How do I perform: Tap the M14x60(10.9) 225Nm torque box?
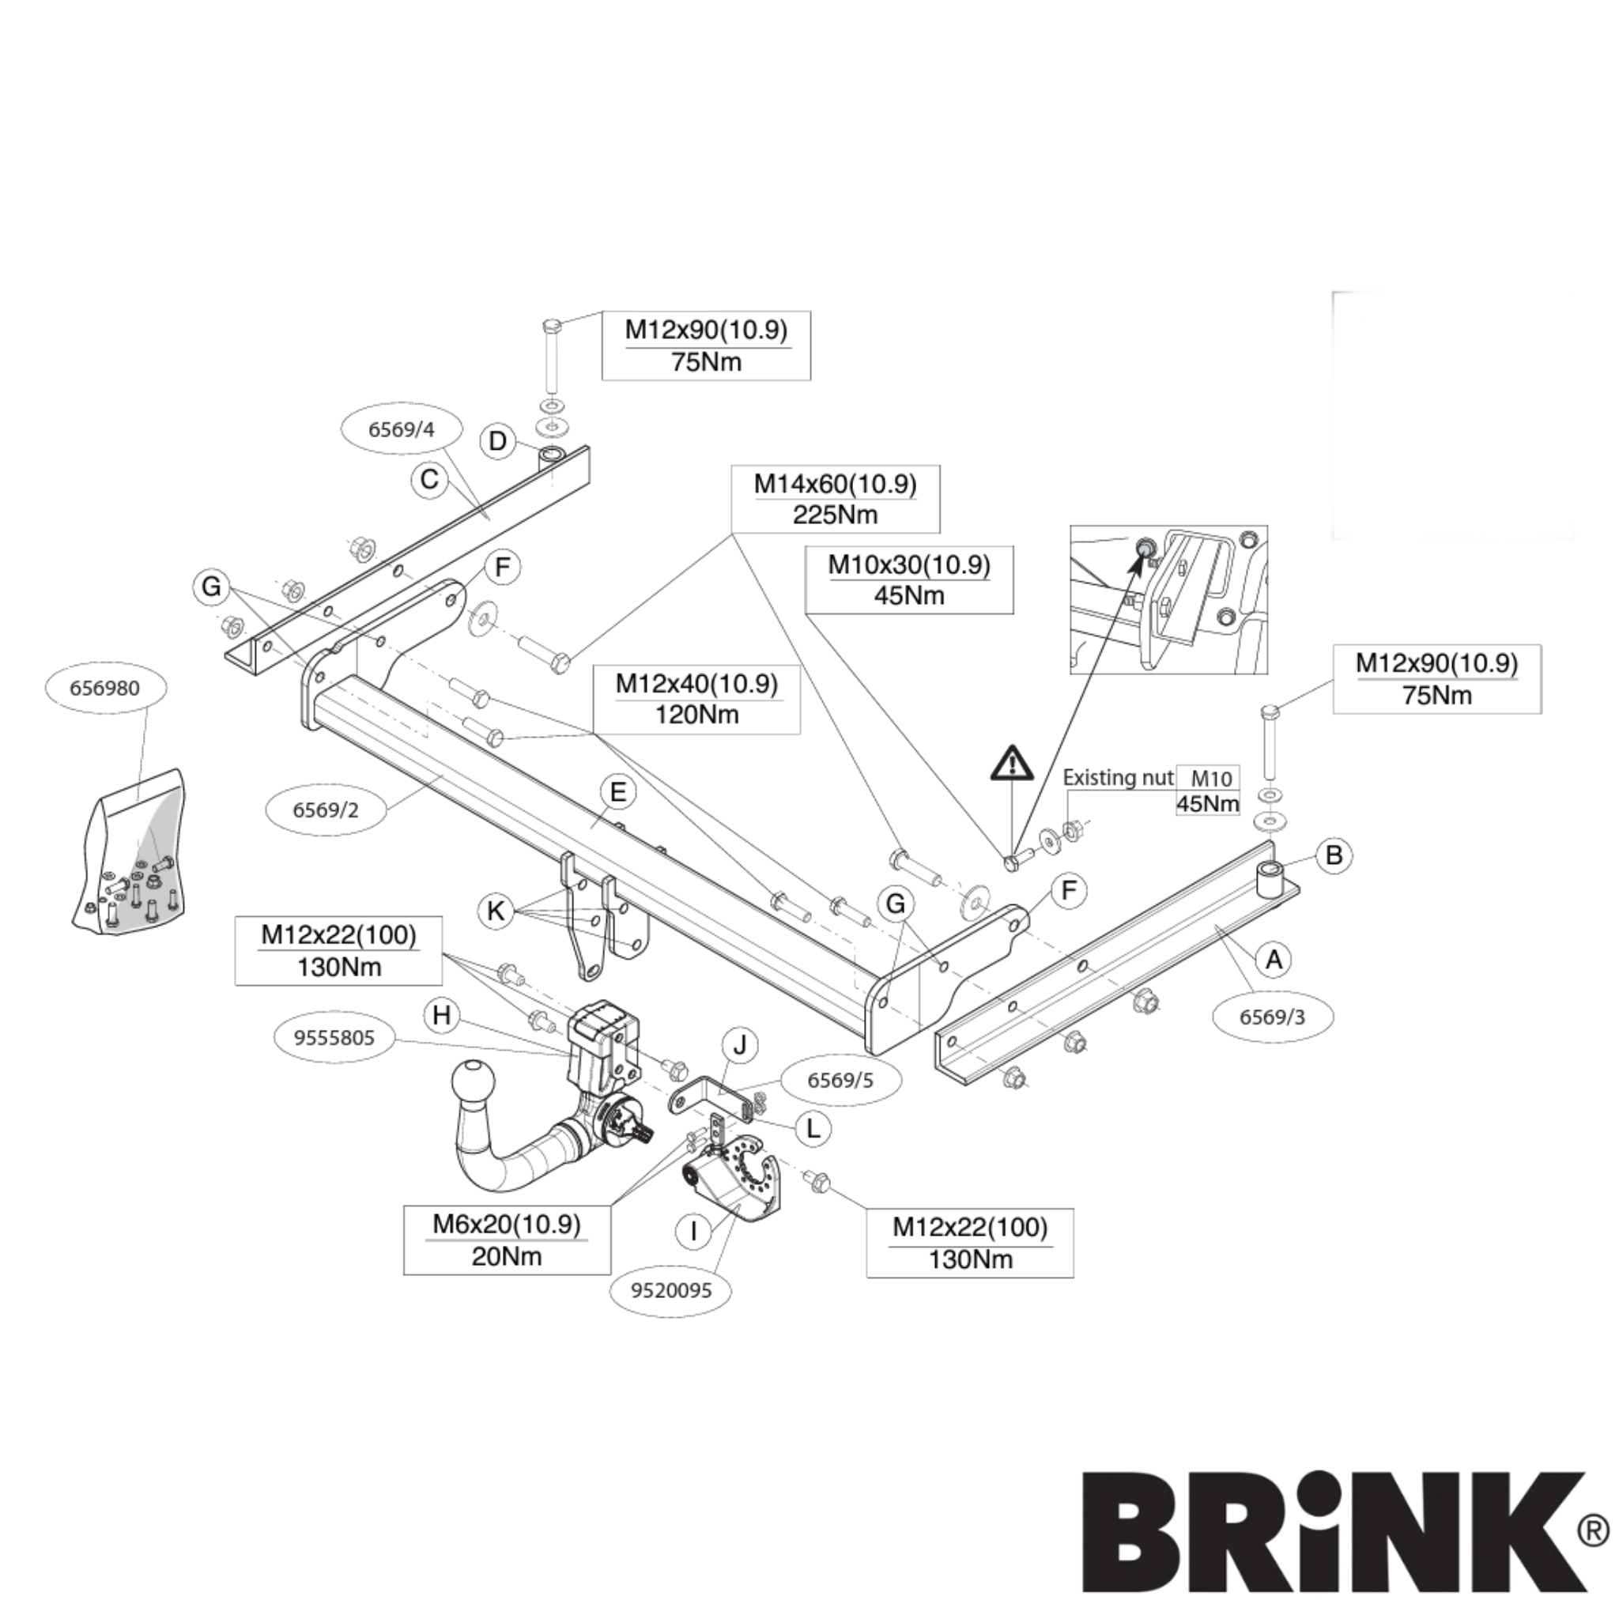[x=835, y=500]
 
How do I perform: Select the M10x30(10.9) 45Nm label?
[x=908, y=580]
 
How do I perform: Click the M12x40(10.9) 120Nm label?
[x=696, y=699]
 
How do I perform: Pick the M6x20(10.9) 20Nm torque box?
[x=506, y=1240]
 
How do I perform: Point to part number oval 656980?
[x=105, y=688]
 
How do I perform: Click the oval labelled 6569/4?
[x=402, y=429]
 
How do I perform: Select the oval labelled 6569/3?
[x=1272, y=1017]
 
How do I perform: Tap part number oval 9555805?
[x=334, y=1037]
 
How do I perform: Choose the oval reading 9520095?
[x=670, y=1289]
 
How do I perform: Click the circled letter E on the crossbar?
[x=617, y=792]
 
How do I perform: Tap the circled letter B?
[x=1334, y=855]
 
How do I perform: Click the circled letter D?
[x=498, y=441]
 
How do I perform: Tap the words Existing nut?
[x=1118, y=778]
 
